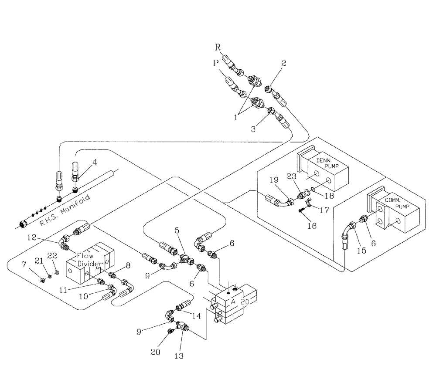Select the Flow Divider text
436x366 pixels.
pos(90,260)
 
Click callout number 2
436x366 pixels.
pos(284,63)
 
